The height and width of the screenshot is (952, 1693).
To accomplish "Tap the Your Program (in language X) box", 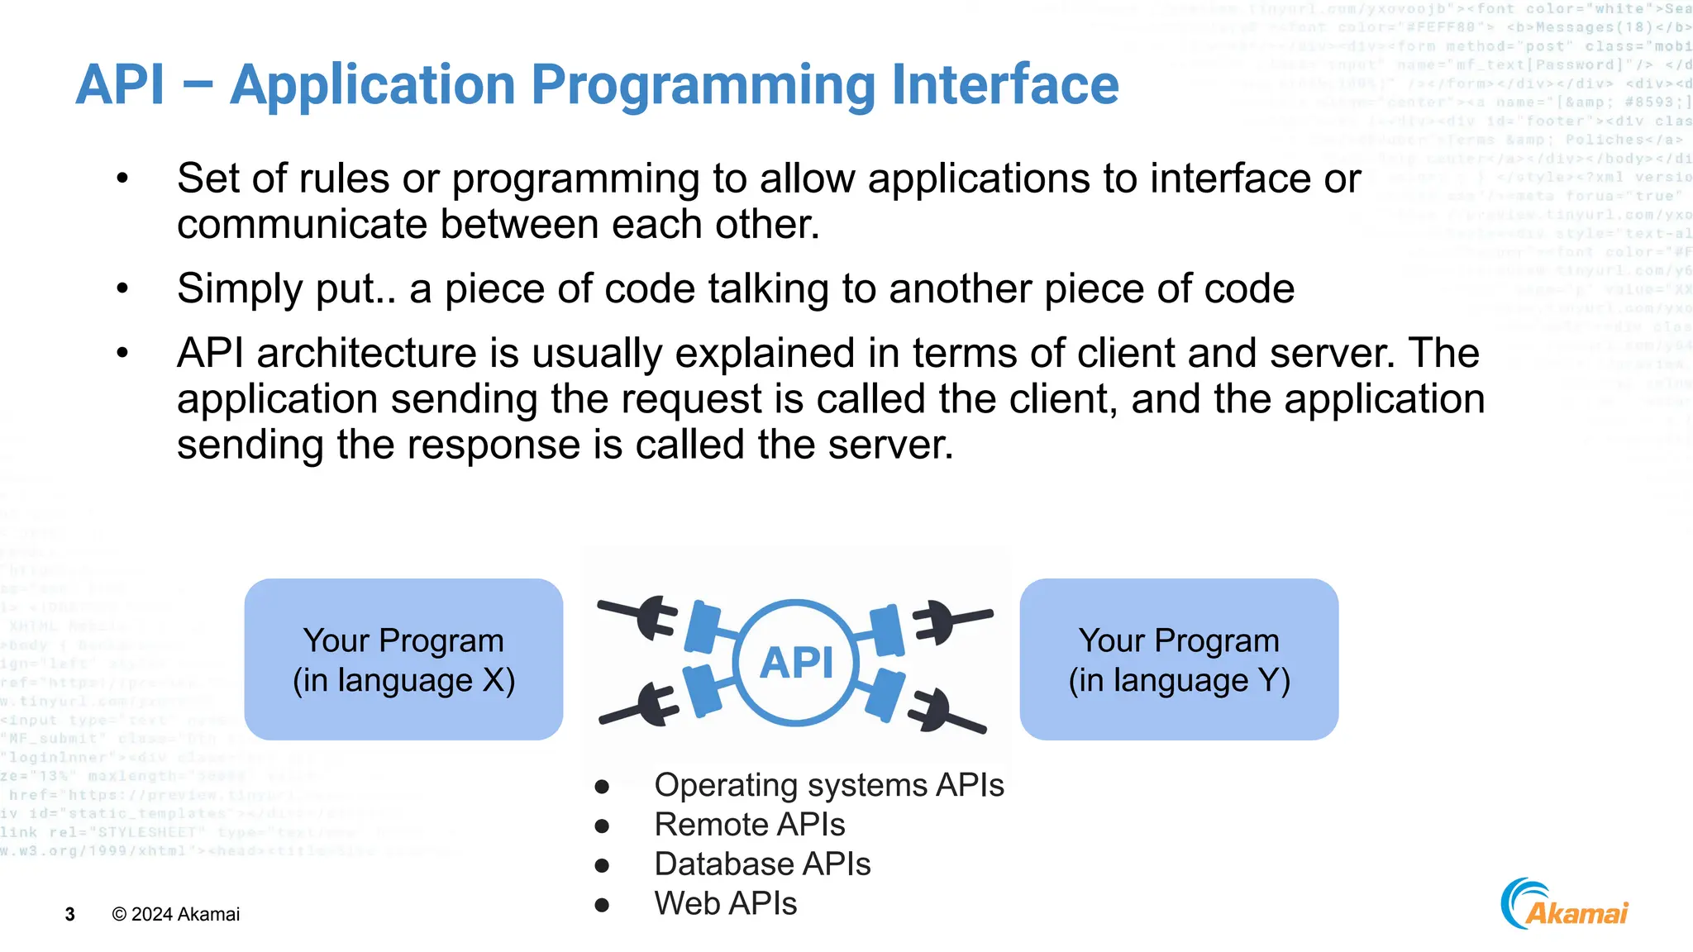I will [403, 659].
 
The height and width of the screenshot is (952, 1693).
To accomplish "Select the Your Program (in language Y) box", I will [1179, 659].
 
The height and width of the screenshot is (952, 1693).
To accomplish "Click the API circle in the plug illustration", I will [796, 662].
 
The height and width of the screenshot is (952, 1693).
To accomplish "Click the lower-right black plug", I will [942, 712].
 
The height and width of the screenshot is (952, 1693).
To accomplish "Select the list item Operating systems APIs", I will [828, 785].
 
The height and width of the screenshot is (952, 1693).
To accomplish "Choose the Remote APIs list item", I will [749, 825].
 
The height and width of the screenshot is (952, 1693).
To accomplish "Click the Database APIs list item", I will [762, 864].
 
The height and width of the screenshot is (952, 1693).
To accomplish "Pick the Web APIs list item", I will [725, 904].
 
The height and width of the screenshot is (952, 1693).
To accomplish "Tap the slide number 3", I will [70, 915].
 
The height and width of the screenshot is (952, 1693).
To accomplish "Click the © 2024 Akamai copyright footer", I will [176, 915].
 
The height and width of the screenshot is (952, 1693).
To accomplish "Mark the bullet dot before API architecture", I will [122, 354].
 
